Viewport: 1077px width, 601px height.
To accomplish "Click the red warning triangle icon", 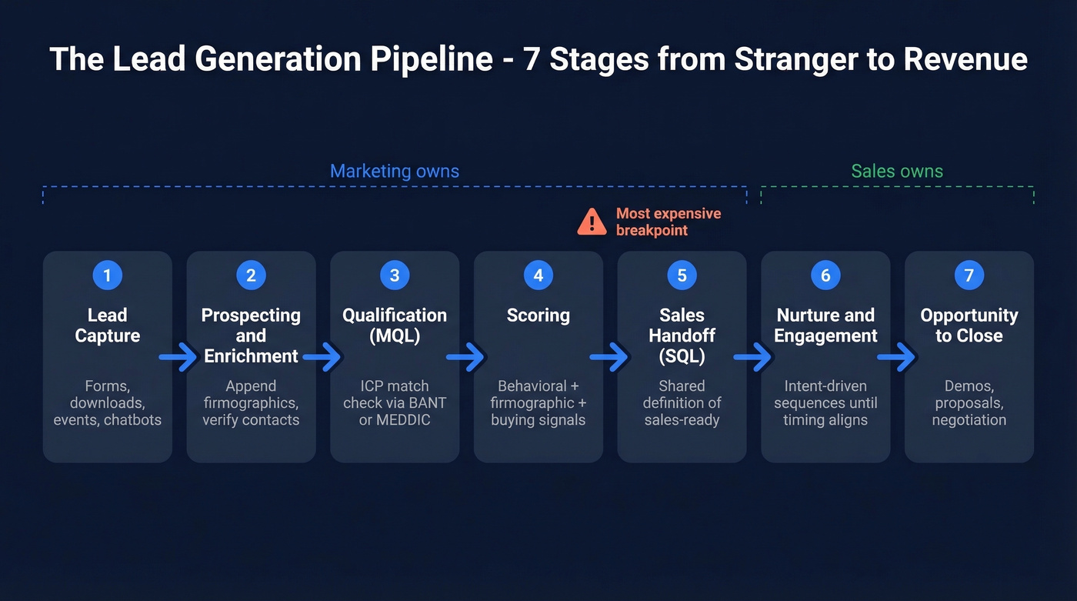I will (x=592, y=222).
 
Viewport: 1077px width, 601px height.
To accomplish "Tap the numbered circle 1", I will (x=107, y=275).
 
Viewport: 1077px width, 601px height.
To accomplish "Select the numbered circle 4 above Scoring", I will (x=538, y=275).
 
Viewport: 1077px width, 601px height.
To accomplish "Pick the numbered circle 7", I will (x=969, y=275).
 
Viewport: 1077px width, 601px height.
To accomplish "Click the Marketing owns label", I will (x=394, y=171).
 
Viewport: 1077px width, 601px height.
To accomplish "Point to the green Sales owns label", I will (x=896, y=171).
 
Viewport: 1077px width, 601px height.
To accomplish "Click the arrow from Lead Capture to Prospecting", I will (x=178, y=357).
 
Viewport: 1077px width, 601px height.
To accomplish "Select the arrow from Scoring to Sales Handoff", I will (x=609, y=357).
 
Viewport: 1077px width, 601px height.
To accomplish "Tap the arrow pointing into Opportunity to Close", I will (x=897, y=357).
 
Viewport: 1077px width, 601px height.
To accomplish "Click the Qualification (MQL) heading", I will (x=394, y=326).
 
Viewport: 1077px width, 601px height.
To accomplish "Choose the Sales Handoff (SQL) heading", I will (x=682, y=336).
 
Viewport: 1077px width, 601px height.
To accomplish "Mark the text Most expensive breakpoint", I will (x=668, y=222).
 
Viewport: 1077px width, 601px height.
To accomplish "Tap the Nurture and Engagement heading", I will (x=825, y=326).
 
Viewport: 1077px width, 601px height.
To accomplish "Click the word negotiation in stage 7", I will (x=969, y=420).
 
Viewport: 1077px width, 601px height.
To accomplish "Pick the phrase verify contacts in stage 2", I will (x=251, y=420).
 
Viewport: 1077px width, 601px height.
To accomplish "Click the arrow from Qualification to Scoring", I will (x=466, y=357).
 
